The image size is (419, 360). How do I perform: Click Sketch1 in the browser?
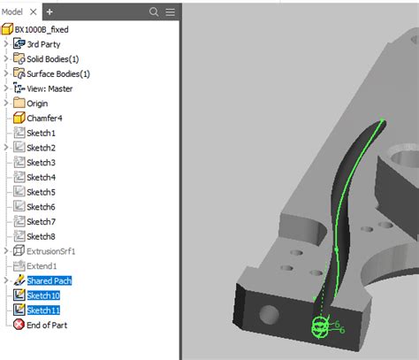tap(41, 133)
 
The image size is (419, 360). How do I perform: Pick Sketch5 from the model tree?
tap(41, 192)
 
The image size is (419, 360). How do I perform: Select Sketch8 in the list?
tap(41, 236)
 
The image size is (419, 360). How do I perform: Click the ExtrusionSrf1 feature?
tap(51, 251)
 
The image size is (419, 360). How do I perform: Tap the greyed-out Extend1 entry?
tap(42, 265)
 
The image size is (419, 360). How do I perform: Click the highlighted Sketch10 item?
tap(43, 295)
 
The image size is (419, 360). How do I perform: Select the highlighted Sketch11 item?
tap(43, 310)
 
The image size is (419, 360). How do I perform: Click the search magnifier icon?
tap(154, 11)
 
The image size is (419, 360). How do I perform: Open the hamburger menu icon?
tap(170, 11)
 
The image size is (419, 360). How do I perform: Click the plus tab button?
tap(50, 11)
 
